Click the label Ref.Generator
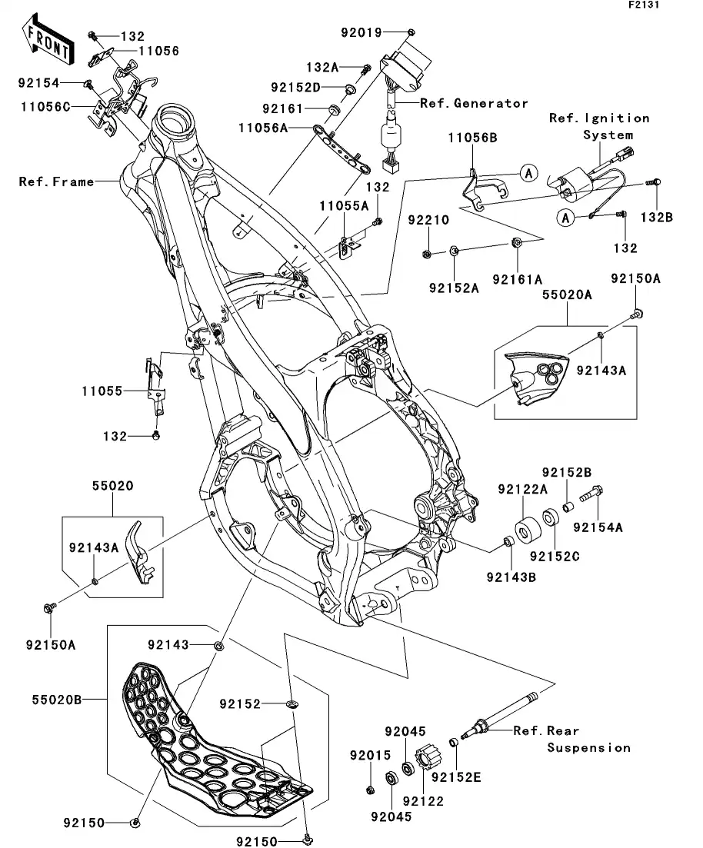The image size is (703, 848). click(474, 103)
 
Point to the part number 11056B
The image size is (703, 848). click(473, 138)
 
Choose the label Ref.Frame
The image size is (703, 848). click(56, 182)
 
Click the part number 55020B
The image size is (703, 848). click(55, 700)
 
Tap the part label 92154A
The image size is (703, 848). click(595, 528)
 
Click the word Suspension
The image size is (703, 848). click(589, 747)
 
